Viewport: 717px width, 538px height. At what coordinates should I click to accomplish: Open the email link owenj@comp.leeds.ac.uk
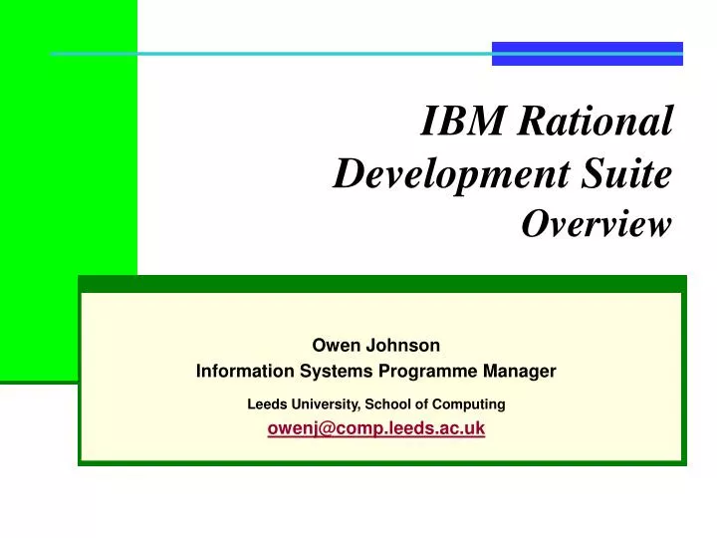click(376, 428)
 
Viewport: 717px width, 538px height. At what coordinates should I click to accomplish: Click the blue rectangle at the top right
click(588, 53)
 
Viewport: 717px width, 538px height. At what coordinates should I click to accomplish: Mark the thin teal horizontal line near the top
click(269, 53)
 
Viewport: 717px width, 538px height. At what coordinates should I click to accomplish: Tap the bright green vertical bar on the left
click(68, 189)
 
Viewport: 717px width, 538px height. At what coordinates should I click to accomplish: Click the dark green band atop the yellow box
click(380, 284)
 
